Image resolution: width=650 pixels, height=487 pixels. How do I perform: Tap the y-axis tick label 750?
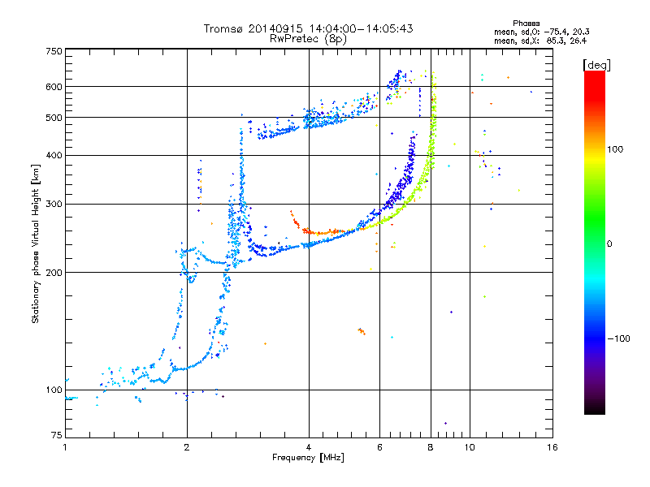click(x=54, y=51)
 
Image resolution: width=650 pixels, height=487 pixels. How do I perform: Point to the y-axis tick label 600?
click(x=54, y=86)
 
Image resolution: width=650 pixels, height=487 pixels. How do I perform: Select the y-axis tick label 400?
click(x=54, y=155)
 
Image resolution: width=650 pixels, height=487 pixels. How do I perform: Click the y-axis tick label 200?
click(x=54, y=272)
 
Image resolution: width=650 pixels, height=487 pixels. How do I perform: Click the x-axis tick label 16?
click(x=552, y=448)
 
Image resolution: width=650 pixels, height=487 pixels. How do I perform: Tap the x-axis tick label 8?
click(x=431, y=448)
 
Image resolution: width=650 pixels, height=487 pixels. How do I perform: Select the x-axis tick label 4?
click(x=309, y=448)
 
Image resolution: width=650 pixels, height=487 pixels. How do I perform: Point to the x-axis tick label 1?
click(x=65, y=448)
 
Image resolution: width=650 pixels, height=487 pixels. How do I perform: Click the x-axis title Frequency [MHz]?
click(x=309, y=459)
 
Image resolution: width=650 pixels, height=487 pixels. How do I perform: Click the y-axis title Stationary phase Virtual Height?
click(x=37, y=243)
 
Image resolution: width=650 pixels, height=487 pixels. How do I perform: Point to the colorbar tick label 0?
click(x=612, y=243)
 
